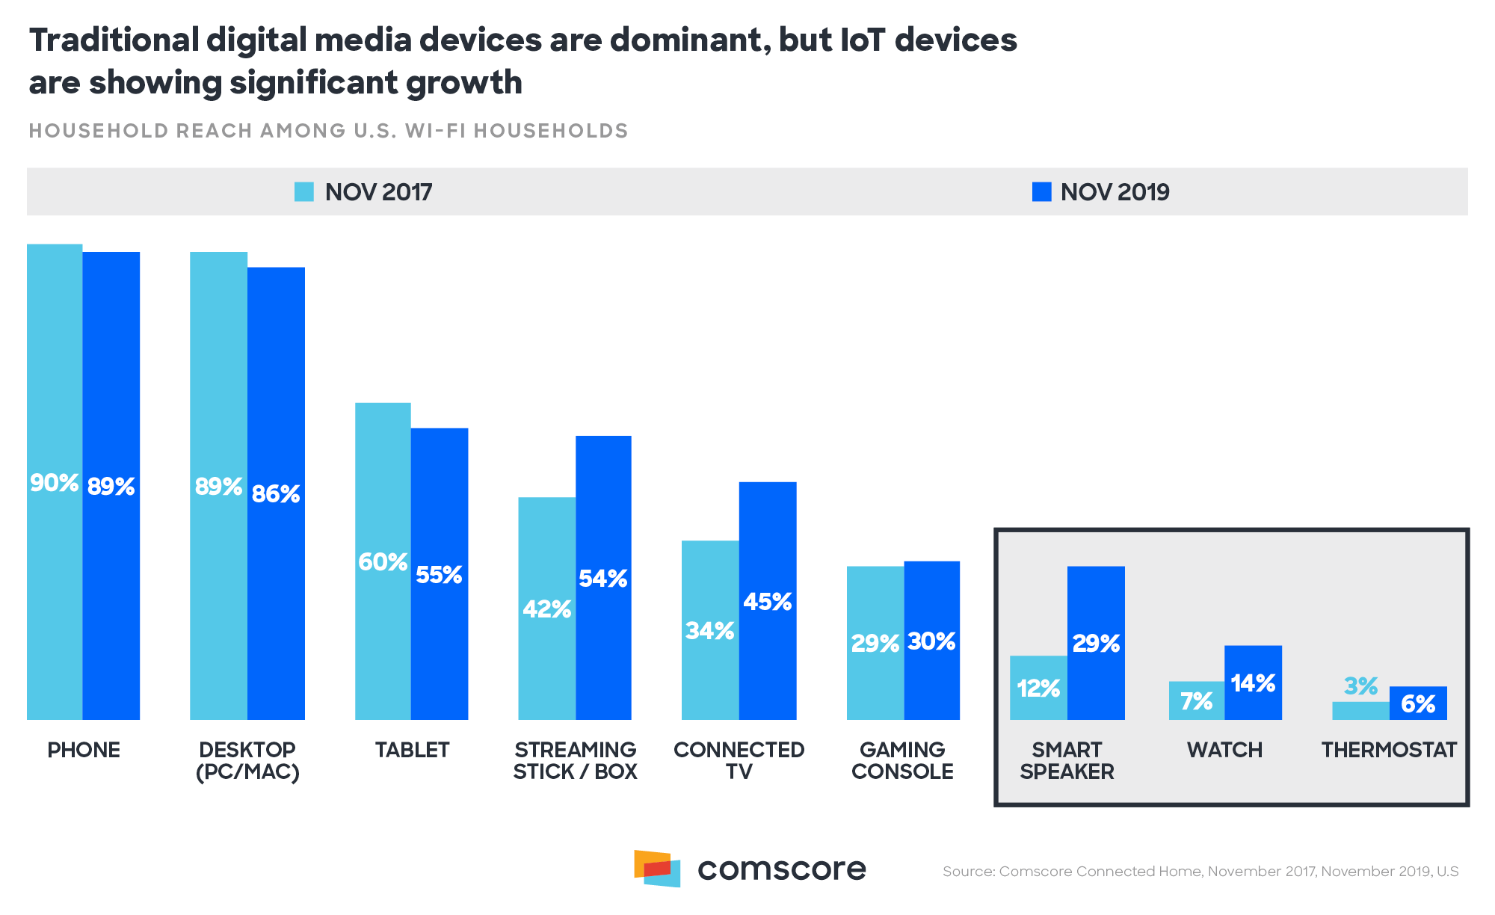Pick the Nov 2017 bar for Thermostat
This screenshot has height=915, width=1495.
1360,711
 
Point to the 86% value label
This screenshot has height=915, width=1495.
276,494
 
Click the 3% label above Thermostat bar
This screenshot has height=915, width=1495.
1360,686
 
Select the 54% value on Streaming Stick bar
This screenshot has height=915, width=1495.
602,579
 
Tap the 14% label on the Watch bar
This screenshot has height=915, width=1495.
1253,683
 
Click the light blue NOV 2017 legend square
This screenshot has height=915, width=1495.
304,192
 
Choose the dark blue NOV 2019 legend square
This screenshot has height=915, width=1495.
1041,192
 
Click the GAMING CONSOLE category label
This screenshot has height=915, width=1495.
902,760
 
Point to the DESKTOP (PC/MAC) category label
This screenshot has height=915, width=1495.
247,760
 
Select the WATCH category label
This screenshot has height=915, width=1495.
1224,750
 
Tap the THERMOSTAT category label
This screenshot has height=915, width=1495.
1389,750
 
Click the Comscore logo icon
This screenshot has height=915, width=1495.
658,868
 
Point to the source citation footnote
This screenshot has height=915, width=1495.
1200,872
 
